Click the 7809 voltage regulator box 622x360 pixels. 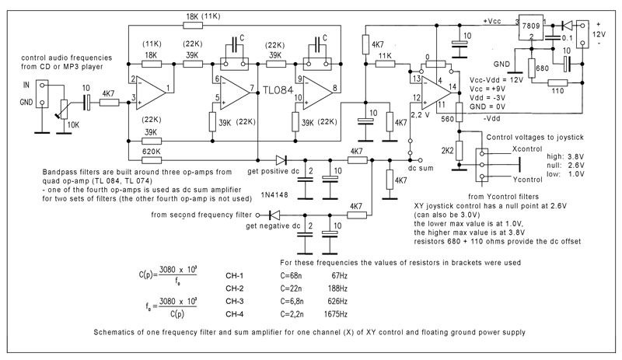click(531, 28)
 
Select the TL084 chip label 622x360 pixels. click(278, 90)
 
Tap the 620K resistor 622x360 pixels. click(152, 160)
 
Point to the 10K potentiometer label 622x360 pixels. click(73, 125)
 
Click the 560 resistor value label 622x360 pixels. click(447, 119)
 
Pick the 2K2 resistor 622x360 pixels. click(459, 151)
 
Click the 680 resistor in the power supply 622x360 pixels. click(531, 68)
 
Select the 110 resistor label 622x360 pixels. click(557, 91)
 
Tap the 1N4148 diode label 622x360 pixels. click(274, 195)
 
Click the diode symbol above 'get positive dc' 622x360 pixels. click(281, 160)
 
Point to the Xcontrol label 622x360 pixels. click(527, 149)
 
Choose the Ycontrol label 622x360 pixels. click(527, 180)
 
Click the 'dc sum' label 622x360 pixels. click(421, 168)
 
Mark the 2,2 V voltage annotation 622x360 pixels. click(420, 115)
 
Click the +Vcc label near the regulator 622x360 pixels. click(492, 22)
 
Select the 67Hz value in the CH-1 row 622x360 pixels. click(339, 275)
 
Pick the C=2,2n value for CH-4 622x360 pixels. click(292, 314)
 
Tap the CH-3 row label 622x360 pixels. click(235, 301)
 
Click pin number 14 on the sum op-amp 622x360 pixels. click(453, 86)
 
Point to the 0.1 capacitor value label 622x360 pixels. click(568, 38)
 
